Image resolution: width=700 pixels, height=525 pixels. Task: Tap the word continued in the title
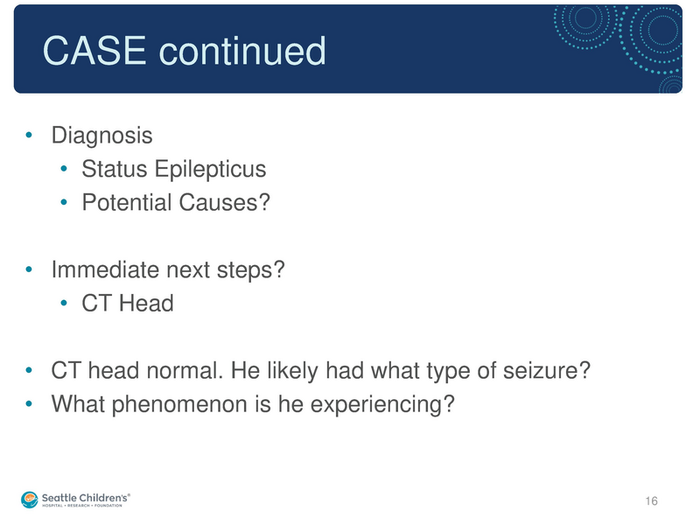click(x=241, y=52)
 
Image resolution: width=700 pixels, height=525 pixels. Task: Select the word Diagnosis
click(x=101, y=136)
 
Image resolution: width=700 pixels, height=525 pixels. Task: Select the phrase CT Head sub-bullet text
click(x=128, y=304)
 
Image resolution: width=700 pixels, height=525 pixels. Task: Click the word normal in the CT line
click(x=185, y=372)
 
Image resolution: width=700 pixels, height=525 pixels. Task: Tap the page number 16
click(x=650, y=500)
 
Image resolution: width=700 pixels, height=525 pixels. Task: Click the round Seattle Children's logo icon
click(x=31, y=499)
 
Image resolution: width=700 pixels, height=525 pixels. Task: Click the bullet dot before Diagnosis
click(x=30, y=136)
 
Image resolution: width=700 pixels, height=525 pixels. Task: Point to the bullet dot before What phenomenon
click(x=30, y=405)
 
